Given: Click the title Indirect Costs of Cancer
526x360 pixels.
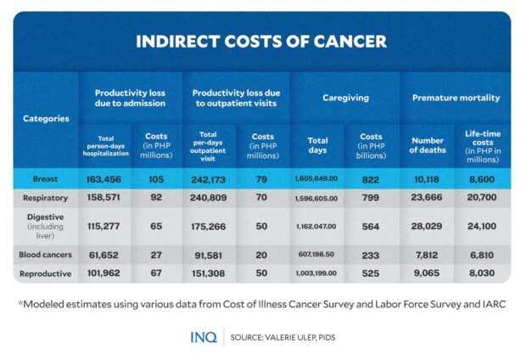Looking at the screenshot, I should (x=262, y=42).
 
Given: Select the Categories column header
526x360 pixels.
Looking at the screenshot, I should (x=46, y=119).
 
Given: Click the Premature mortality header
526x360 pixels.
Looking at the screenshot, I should (x=456, y=98).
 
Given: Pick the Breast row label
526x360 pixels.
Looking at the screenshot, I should (x=46, y=179).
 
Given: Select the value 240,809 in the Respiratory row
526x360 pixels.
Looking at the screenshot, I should (x=210, y=198).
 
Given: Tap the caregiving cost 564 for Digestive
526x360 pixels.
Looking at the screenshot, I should (x=372, y=228).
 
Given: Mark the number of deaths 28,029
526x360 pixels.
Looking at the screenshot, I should (x=428, y=228).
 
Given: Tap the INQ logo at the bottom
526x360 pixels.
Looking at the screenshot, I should (x=204, y=337).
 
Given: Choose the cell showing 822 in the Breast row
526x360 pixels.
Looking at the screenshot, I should (x=372, y=179).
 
